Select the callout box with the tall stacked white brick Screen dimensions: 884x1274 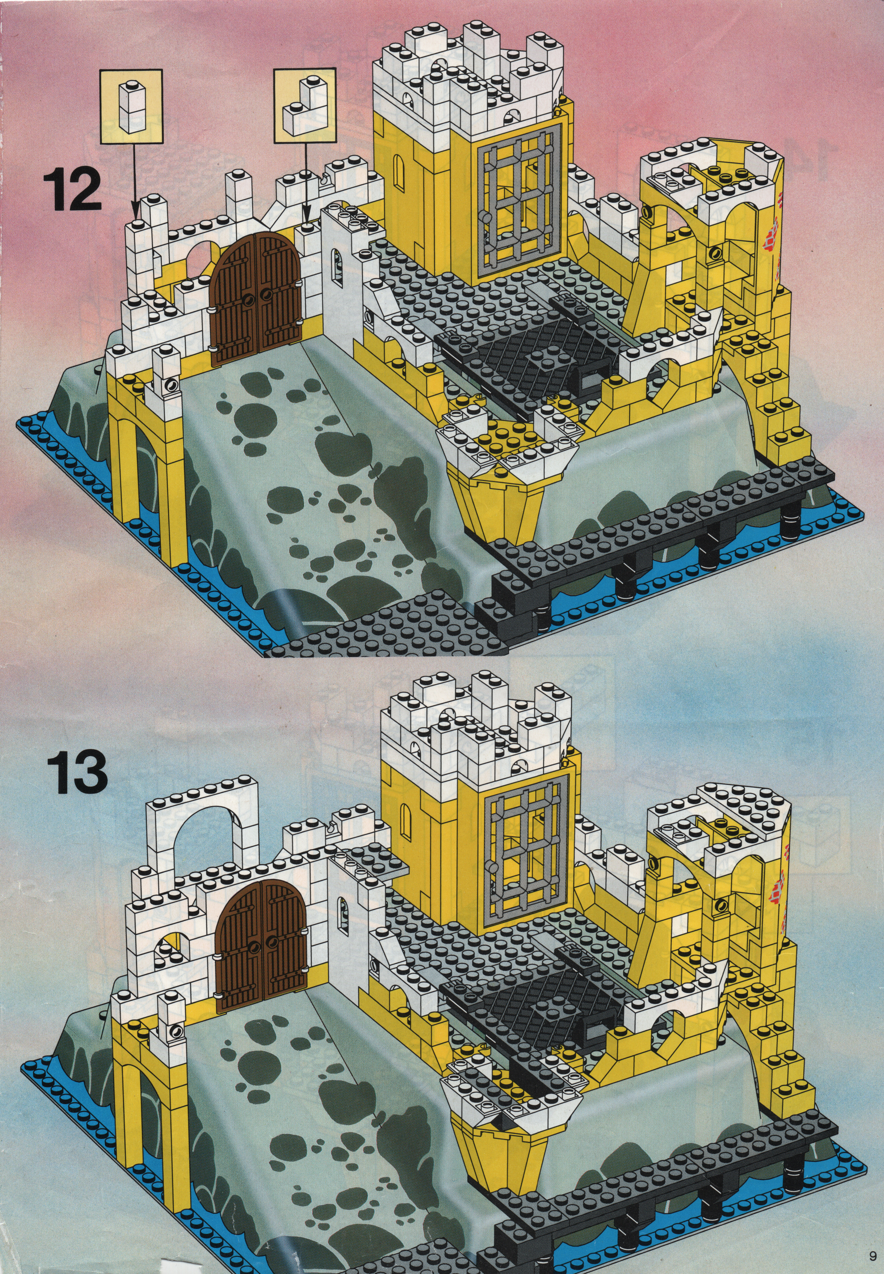click(x=132, y=105)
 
